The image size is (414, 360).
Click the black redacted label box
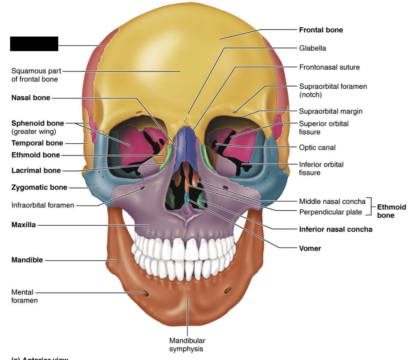pyautogui.click(x=34, y=44)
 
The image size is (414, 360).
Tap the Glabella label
pyautogui.click(x=312, y=48)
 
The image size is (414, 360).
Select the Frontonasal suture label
pyautogui.click(x=329, y=67)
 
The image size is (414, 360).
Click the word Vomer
pyautogui.click(x=310, y=248)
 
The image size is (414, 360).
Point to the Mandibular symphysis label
pyautogui.click(x=187, y=344)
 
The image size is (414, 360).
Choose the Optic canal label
pyautogui.click(x=317, y=147)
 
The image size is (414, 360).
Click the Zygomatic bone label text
pyautogui.click(x=39, y=187)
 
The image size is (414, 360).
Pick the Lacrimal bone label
pyautogui.click(x=36, y=170)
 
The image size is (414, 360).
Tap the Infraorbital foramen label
pyautogui.click(x=43, y=205)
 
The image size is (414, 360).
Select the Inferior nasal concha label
pyautogui.click(x=335, y=229)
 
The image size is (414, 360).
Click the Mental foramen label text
pyautogui.click(x=24, y=296)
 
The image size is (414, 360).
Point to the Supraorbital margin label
pyautogui.click(x=330, y=111)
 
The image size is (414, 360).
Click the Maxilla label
pyautogui.click(x=24, y=225)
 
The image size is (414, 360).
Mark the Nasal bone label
pyautogui.click(x=31, y=98)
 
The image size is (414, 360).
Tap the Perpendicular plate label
pyautogui.click(x=330, y=212)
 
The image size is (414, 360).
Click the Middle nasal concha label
pyautogui.click(x=332, y=201)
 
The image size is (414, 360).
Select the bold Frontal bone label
pyautogui.click(x=321, y=30)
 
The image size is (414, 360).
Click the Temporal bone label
pyautogui.click(x=37, y=143)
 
